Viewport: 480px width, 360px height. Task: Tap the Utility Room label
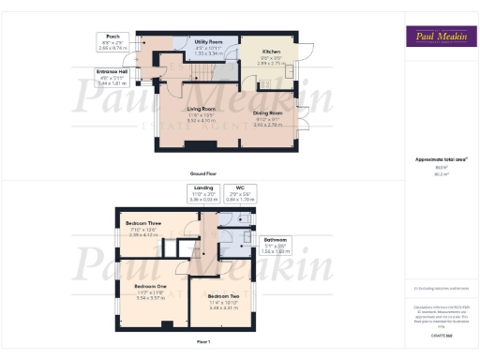point(208,42)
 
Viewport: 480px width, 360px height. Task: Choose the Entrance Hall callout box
point(112,75)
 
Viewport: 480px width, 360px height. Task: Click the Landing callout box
point(202,193)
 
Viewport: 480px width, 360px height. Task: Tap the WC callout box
point(239,193)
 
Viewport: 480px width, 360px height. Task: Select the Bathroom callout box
point(275,243)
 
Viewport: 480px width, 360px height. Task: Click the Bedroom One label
point(150,287)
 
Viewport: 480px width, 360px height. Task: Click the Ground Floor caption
point(203,174)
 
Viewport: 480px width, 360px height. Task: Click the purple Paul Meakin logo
point(439,38)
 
